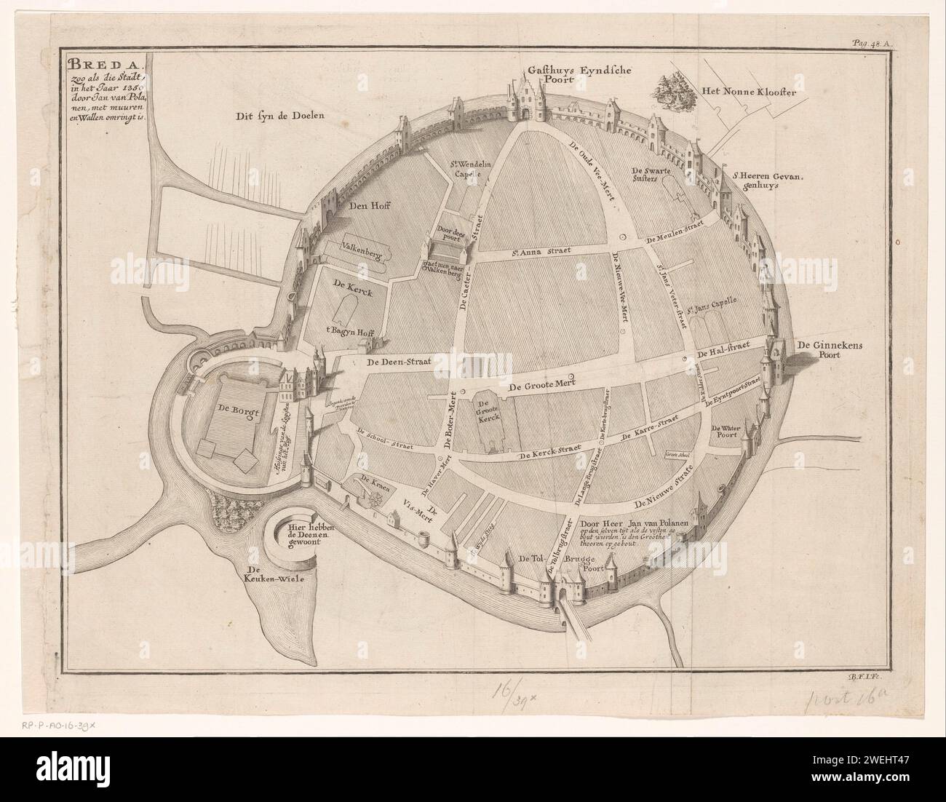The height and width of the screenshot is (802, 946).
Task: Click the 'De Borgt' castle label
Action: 235,408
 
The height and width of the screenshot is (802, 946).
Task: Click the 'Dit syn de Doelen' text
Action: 280,115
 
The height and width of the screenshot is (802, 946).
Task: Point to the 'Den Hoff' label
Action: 368,207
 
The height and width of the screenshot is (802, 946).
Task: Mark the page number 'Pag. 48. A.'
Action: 876,44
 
